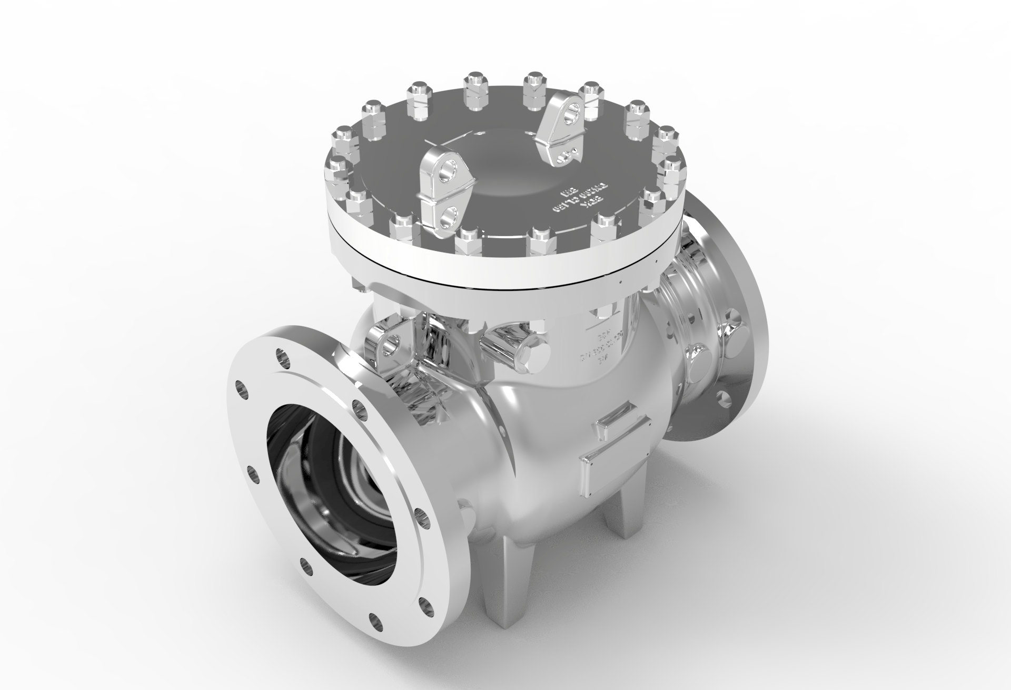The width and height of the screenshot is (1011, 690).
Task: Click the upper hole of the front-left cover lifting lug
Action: click(448, 170)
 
